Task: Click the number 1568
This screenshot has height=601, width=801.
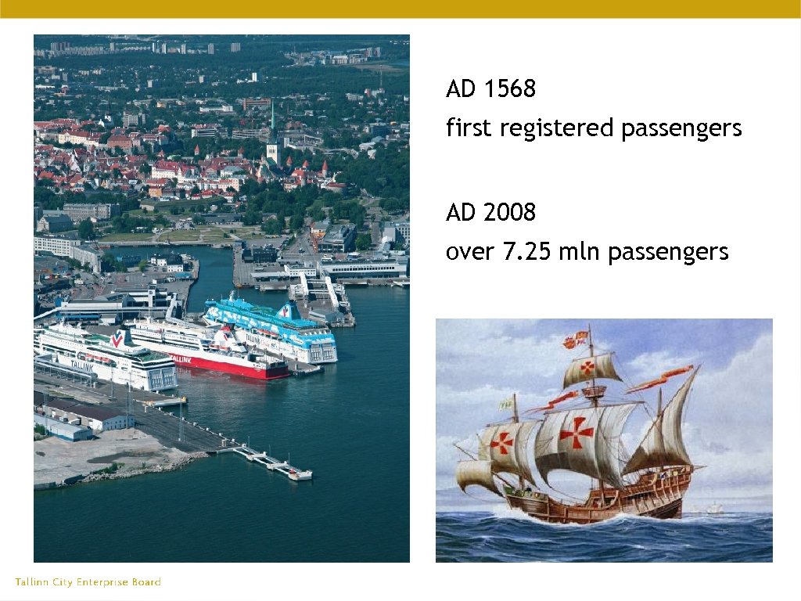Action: tap(510, 89)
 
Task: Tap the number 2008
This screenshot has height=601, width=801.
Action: tap(510, 212)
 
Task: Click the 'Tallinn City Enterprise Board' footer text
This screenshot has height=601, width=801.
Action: tap(88, 582)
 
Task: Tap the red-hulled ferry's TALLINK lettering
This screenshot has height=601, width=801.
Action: tap(181, 358)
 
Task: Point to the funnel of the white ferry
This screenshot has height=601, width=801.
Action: tap(119, 339)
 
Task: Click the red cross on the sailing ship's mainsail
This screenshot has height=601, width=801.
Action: tap(577, 432)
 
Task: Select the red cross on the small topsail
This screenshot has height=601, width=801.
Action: tap(587, 368)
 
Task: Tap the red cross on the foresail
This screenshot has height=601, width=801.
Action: tap(502, 442)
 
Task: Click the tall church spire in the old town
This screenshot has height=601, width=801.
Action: tap(272, 129)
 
